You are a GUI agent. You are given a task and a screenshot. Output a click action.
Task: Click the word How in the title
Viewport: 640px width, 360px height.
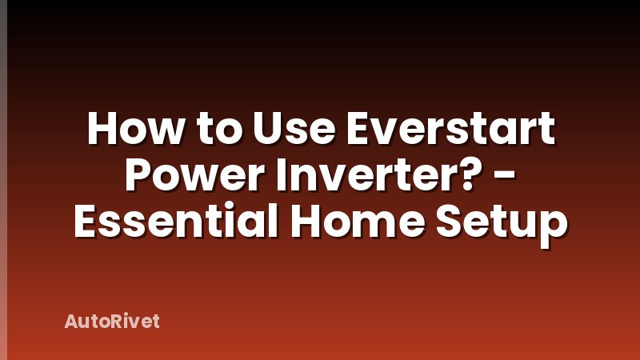pyautogui.click(x=128, y=130)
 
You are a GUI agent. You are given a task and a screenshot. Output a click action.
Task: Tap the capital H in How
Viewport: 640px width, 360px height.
pyautogui.click(x=101, y=130)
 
